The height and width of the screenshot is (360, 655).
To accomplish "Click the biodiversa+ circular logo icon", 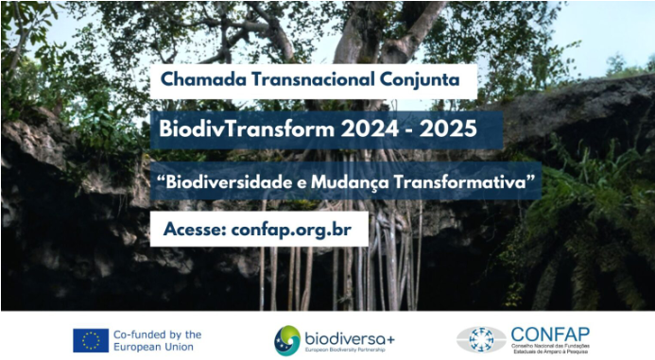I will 287,339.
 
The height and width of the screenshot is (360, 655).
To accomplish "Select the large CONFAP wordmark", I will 550,332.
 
